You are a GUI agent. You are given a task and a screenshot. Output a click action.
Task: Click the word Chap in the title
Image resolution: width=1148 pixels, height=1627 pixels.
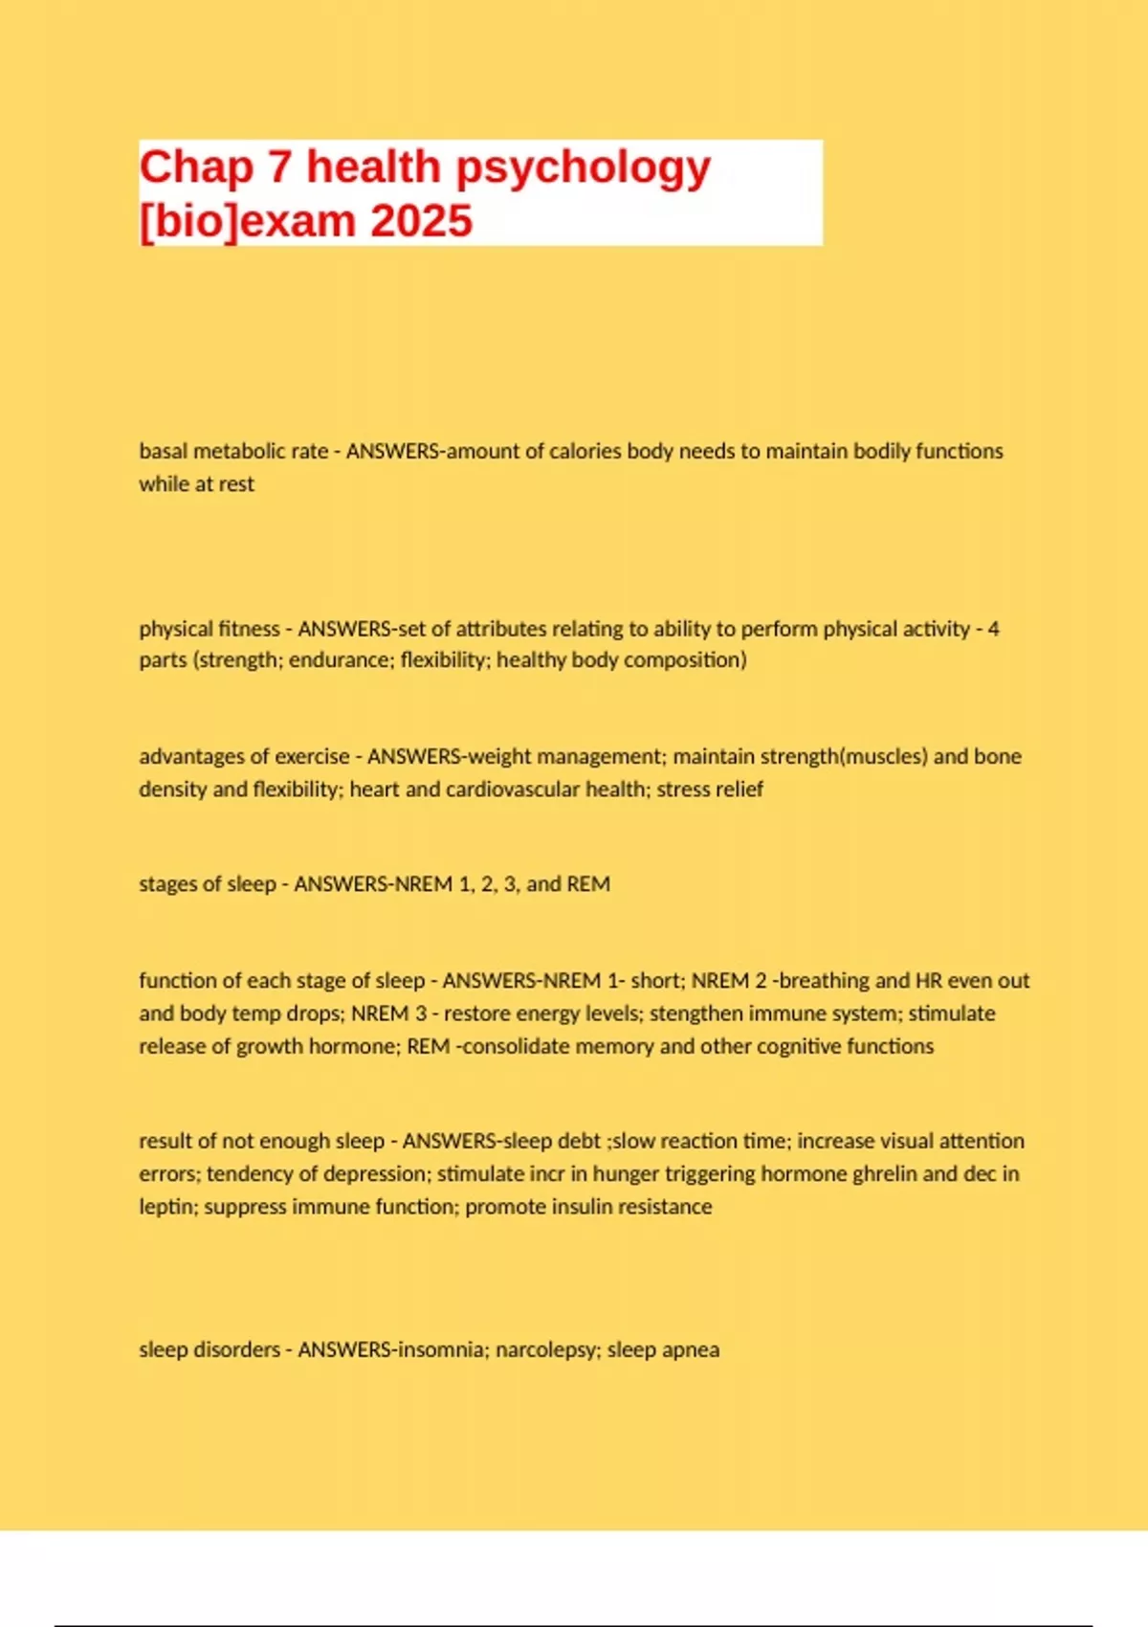coord(196,167)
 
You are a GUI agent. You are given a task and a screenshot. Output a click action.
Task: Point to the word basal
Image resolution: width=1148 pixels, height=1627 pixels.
coord(164,451)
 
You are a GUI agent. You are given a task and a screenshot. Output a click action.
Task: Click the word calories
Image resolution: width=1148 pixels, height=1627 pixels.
coord(585,451)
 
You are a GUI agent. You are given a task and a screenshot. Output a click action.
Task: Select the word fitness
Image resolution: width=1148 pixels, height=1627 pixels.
coord(247,629)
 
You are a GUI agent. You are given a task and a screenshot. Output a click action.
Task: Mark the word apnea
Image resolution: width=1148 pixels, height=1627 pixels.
coord(690,1350)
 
